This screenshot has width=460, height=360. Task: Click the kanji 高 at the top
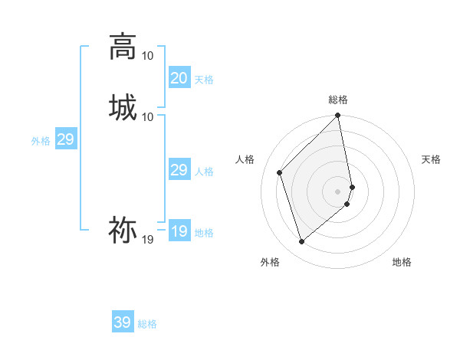pos(123,47)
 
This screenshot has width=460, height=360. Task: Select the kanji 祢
pos(123,229)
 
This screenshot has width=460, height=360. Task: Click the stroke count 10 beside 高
pos(148,56)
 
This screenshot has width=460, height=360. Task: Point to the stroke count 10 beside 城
pos(148,116)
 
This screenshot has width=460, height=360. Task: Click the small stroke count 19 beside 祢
pos(148,240)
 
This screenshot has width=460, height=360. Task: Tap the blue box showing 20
pos(179,78)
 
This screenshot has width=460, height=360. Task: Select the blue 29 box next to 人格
pos(179,170)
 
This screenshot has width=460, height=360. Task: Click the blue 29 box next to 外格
pos(65,139)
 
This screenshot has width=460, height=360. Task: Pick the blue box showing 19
pos(179,231)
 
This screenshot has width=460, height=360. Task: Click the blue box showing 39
pos(123,322)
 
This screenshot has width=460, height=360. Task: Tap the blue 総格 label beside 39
pos(147,324)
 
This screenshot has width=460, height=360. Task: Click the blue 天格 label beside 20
pos(203,80)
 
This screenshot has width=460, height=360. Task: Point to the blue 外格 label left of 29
pos(41,141)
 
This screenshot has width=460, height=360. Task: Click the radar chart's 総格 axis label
pos(338,100)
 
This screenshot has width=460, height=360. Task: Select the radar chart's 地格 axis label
pos(402,262)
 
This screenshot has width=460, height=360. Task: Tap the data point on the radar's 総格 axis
pos(338,116)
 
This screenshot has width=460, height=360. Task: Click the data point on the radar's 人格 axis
pos(280,172)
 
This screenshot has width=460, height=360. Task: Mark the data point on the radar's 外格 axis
pos(301,242)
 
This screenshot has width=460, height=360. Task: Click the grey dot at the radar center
pos(338,191)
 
